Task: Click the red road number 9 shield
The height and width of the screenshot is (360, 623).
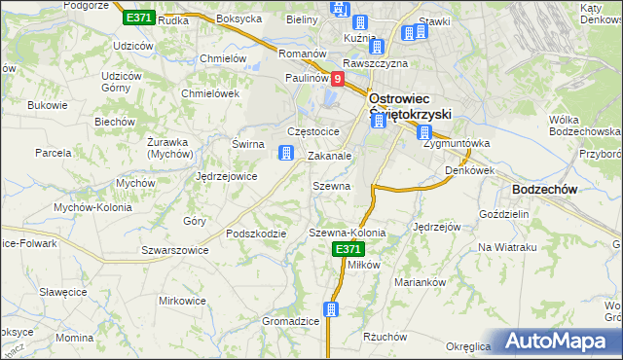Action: click(338, 79)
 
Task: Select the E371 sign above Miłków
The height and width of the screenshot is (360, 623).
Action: click(349, 250)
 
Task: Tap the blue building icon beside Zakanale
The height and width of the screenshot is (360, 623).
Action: click(286, 153)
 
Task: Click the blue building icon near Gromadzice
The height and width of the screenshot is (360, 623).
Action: click(332, 309)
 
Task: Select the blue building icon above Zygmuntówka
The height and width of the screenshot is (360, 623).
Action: click(424, 132)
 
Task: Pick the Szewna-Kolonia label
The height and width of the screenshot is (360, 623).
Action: click(348, 234)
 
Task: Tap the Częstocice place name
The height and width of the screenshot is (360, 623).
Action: click(312, 130)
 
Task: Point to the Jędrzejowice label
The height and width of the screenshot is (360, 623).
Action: click(226, 176)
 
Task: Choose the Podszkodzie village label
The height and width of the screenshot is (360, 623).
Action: click(255, 234)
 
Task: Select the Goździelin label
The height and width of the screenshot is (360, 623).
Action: click(504, 212)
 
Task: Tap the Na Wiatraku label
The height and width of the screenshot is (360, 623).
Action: click(507, 247)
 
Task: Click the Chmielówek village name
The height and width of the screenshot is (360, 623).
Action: click(210, 93)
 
